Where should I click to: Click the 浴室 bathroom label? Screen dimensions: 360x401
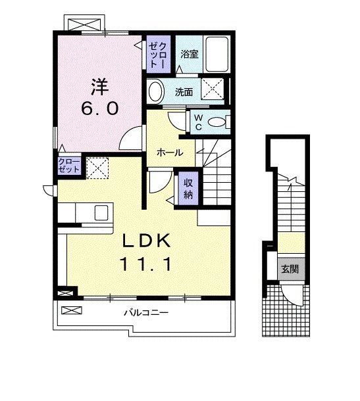190,54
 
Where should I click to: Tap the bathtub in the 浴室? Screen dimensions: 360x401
217,54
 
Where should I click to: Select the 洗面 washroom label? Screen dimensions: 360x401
184,92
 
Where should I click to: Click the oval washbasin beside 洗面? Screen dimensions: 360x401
156,91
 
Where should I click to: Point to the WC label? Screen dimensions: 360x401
199,122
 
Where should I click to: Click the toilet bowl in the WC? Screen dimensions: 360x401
217,122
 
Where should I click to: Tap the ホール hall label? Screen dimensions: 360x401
170,153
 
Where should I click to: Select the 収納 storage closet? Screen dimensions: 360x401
188,188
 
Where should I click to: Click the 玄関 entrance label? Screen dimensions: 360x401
290,269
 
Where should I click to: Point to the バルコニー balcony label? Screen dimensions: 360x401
146,312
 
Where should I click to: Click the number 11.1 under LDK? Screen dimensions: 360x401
146,264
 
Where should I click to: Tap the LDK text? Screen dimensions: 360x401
147,241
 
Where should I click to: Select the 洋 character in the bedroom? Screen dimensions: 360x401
99,86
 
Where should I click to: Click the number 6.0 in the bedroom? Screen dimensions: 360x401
100,108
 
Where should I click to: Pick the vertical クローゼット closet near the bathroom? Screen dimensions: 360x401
158,54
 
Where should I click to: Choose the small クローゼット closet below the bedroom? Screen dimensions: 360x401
69,166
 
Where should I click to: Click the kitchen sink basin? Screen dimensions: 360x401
101,212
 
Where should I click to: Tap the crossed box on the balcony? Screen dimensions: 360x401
72,310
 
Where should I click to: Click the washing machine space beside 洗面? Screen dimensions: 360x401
213,88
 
